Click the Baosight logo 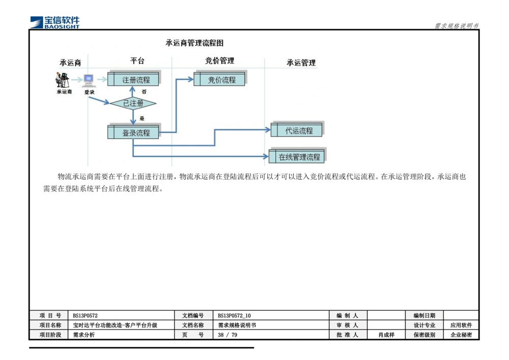click(55, 21)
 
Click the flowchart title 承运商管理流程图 click(194, 43)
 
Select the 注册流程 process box click(134, 79)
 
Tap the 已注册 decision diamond click(133, 103)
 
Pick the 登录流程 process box click(134, 132)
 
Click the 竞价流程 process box click(219, 79)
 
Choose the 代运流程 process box click(297, 130)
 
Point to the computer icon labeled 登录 click(89, 80)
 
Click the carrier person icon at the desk click(63, 80)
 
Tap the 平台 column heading click(137, 61)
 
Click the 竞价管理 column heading click(220, 61)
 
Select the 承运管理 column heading click(301, 63)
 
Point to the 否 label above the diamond click(144, 92)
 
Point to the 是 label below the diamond click(142, 118)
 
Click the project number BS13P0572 click(85, 316)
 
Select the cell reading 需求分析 click(84, 335)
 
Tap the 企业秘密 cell click(461, 335)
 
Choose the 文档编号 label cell click(193, 316)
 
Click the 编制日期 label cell click(424, 316)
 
